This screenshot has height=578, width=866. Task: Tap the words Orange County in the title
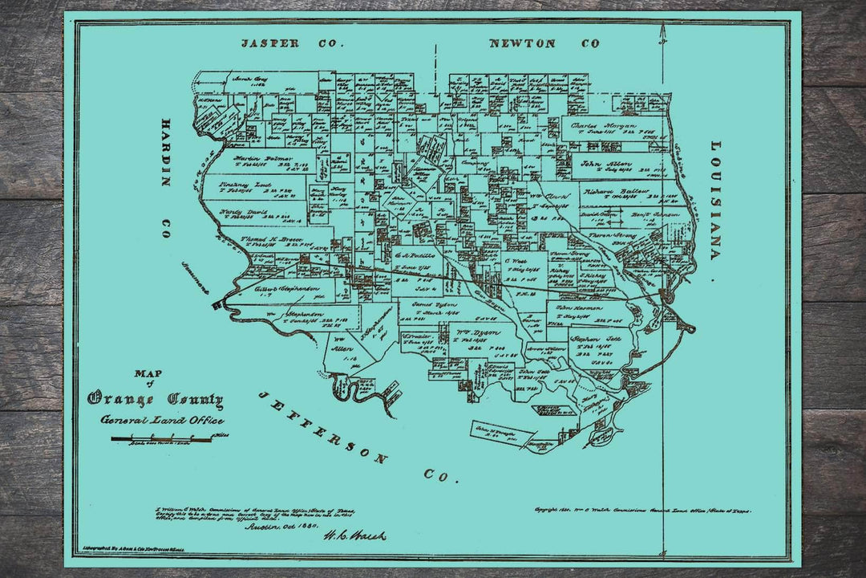coord(156,399)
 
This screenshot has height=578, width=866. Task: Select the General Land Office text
coord(162,420)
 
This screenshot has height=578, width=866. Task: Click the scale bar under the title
coord(160,438)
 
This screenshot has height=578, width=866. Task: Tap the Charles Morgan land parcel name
coord(604,126)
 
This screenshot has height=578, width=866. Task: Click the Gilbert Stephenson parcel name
coord(287,287)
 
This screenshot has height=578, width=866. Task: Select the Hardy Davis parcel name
coord(242,213)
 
